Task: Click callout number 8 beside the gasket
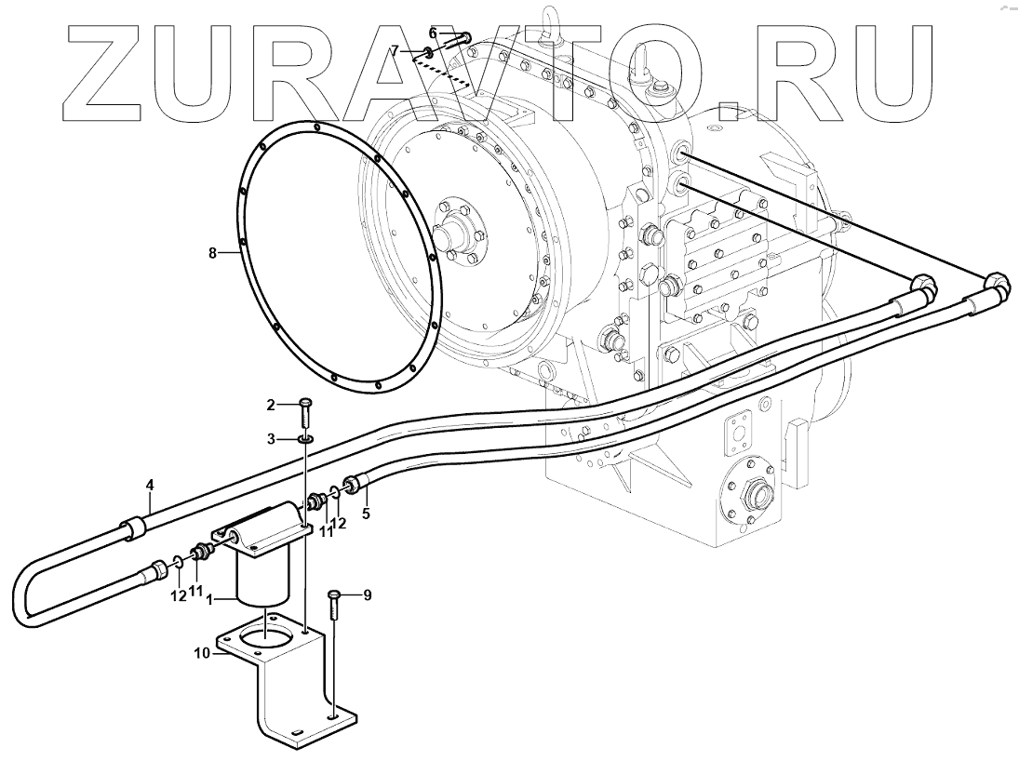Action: tap(212, 252)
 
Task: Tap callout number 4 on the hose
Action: tap(148, 484)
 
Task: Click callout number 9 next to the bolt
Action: tap(367, 595)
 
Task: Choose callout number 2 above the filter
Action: tap(271, 404)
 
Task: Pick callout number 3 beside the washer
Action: tap(271, 438)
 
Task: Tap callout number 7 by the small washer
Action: tap(395, 50)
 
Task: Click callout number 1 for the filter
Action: tap(210, 601)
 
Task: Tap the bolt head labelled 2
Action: tap(306, 403)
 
